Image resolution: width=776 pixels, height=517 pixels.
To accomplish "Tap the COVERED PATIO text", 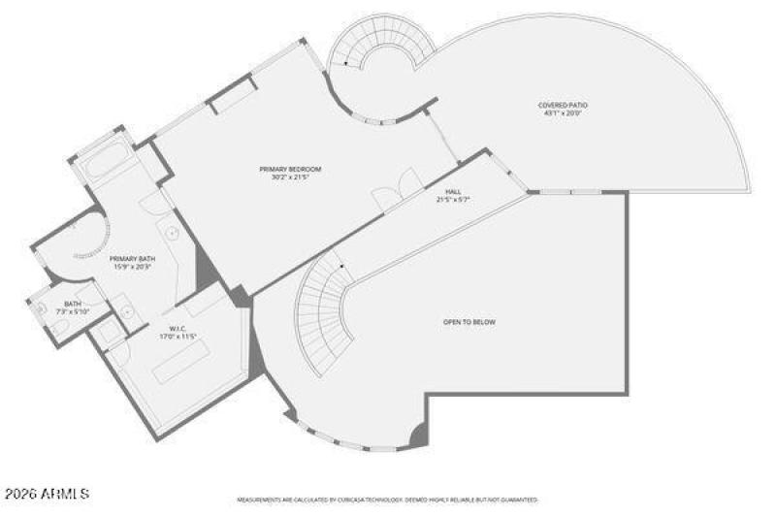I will pyautogui.click(x=563, y=105).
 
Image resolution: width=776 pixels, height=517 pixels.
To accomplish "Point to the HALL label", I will pyautogui.click(x=453, y=192).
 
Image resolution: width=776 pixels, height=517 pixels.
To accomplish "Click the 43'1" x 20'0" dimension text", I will pyautogui.click(x=563, y=113).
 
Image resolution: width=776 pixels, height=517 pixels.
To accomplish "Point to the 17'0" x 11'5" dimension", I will pyautogui.click(x=178, y=337).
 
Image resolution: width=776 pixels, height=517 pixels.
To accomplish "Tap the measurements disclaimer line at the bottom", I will pyautogui.click(x=388, y=501).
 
